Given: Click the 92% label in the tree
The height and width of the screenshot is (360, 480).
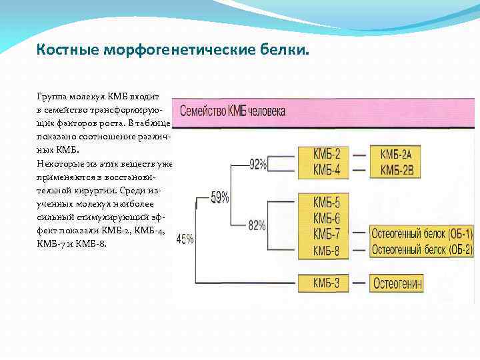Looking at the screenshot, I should coord(258,164).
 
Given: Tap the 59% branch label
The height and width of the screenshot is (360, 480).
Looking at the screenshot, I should coord(220,197).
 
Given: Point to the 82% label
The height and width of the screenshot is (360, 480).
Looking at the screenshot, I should coord(257,225).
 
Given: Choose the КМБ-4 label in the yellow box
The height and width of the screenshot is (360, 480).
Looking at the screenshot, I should coord(327,170).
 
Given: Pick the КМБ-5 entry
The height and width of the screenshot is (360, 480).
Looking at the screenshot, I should coord(327,203).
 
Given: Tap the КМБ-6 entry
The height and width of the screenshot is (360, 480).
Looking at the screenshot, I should coord(327,218).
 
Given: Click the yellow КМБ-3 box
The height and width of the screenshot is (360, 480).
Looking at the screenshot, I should coord(327,283).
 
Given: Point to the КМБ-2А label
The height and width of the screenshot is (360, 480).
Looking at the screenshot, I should coord(397,155).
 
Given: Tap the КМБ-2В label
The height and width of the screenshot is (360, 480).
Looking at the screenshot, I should coord(397,170).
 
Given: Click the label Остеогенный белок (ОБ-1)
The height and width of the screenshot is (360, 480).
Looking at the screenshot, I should coord(421,234).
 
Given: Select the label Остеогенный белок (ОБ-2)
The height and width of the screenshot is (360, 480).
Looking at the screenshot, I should coord(421,249).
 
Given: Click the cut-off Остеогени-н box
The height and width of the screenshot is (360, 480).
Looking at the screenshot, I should coord(398,283).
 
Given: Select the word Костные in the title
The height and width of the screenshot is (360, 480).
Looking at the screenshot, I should coord(60,50).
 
